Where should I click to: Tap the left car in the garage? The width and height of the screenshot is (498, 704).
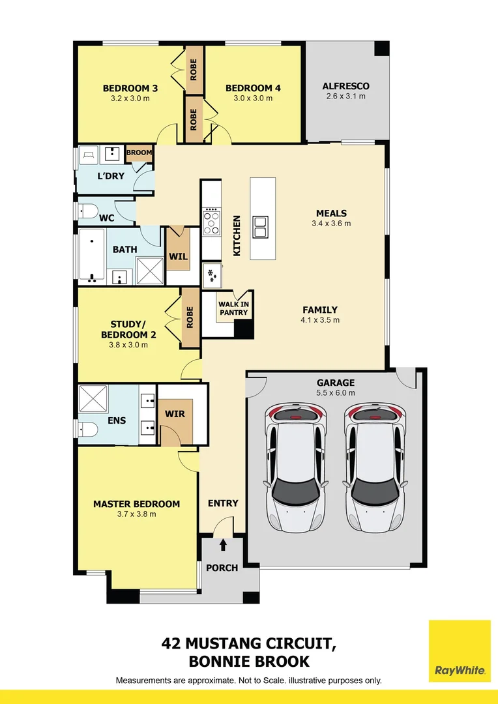296,467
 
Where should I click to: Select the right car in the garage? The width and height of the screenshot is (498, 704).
375,467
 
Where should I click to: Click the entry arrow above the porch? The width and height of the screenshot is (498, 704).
224,544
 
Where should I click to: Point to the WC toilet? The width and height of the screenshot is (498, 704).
87,211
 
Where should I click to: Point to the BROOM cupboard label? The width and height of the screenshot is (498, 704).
139,153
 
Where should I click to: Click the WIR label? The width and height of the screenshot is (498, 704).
175,413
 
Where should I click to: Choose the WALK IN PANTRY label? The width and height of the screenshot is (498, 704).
233,308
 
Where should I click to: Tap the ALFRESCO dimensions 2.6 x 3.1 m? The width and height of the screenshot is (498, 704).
345,96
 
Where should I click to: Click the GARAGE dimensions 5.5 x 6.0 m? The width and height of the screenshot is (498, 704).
336,393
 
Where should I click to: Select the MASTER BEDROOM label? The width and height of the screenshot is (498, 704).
136,504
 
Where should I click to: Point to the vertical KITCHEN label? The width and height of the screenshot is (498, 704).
237,235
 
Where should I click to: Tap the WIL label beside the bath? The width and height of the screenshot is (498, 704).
178,256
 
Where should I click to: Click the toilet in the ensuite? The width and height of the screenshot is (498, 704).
87,430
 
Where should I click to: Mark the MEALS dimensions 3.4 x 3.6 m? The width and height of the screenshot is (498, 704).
331,223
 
